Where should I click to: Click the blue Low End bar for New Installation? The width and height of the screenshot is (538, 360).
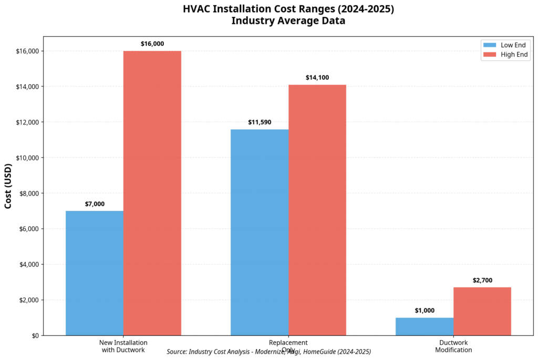click(95, 273)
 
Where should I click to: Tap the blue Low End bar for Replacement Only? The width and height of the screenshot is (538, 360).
click(260, 232)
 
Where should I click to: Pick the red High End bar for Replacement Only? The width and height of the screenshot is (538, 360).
click(317, 210)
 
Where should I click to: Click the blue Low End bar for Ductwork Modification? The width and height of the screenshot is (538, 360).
click(425, 326)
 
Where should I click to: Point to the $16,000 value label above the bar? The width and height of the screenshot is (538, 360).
click(152, 44)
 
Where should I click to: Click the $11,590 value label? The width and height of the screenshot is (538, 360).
click(260, 122)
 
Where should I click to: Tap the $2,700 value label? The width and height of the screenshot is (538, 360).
click(482, 280)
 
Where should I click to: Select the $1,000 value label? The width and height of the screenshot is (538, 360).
click(425, 311)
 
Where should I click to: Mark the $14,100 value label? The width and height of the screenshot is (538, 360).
click(317, 78)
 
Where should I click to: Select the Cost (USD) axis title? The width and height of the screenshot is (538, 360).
click(8, 186)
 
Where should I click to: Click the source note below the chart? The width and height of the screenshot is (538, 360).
click(268, 352)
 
